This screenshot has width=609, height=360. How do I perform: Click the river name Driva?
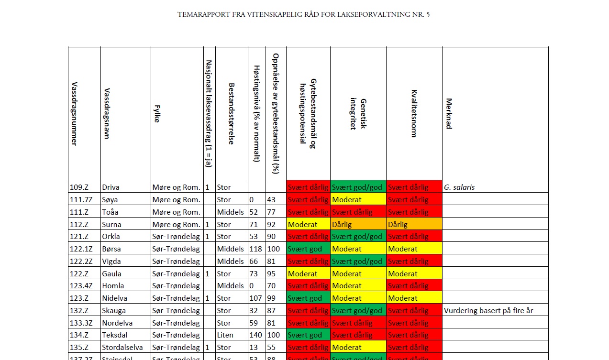111,187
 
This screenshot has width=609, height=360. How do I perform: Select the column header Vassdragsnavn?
107,113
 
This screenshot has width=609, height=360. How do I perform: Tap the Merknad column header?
449,113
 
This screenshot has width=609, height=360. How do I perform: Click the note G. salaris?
459,187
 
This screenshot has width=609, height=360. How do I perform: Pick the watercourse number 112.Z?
79,224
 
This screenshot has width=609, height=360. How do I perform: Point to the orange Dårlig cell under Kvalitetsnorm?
398,224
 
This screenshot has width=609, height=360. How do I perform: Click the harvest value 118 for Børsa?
256,249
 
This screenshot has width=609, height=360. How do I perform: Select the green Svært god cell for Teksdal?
305,335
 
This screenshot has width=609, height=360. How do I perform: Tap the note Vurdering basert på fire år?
488,311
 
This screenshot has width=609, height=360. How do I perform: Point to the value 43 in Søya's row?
272,200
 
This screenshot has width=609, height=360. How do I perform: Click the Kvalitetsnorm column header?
414,113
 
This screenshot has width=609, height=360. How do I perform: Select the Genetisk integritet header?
358,113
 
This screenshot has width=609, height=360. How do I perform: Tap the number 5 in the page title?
428,14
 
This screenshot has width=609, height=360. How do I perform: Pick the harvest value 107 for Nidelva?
256,298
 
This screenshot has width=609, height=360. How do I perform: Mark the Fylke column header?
156,113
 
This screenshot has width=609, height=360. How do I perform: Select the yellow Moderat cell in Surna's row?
303,224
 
